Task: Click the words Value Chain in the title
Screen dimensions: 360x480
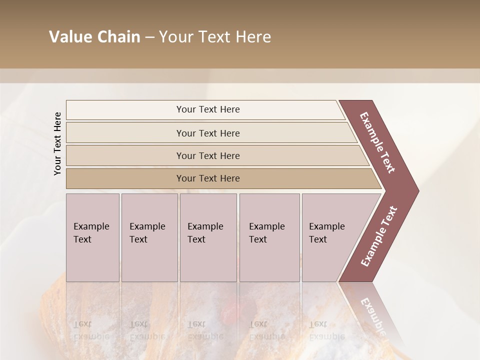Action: [94, 37]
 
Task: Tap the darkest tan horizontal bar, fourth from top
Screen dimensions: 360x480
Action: [125, 178]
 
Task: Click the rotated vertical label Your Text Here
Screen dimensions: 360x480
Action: [57, 143]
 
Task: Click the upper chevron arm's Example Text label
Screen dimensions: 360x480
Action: [377, 142]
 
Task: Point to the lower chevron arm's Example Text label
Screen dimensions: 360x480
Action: [379, 236]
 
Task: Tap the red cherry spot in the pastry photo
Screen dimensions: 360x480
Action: [230, 314]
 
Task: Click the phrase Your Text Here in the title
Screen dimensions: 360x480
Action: [215, 37]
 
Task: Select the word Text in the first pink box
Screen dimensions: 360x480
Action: [82, 239]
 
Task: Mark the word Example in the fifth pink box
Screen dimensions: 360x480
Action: [326, 226]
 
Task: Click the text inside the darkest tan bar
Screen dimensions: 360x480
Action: [208, 178]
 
